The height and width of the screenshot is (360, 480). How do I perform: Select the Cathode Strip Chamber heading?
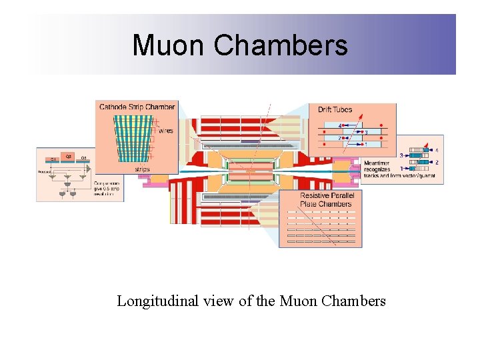[137, 107]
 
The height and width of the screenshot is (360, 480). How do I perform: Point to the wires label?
[166, 131]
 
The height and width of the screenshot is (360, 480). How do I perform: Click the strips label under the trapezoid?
[143, 169]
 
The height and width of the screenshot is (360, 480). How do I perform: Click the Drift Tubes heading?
[334, 109]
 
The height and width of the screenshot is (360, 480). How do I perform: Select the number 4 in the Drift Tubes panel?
[339, 125]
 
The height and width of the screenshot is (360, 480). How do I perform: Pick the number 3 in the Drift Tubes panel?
[366, 132]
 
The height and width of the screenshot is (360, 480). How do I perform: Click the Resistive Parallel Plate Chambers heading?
[326, 199]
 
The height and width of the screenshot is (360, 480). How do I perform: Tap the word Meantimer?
[377, 163]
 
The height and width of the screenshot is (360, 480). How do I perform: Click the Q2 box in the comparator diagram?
[67, 156]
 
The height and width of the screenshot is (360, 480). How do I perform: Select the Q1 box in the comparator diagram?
[52, 159]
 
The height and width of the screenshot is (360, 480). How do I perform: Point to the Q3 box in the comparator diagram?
[83, 159]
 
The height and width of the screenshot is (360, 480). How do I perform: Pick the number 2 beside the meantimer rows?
[437, 162]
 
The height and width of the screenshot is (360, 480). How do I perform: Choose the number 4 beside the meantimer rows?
[437, 150]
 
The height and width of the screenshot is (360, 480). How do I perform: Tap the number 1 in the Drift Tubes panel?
[365, 144]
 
